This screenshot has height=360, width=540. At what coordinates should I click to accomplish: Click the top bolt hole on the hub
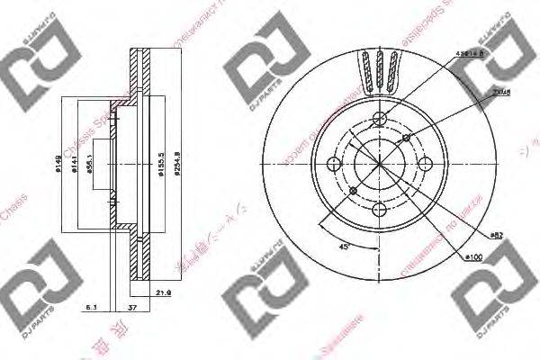click(x=380, y=119)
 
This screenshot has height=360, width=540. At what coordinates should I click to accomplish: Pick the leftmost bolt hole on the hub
click(x=334, y=165)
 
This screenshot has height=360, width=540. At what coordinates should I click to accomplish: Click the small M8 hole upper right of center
click(x=407, y=138)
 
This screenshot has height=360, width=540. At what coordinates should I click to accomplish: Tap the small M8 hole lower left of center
click(x=353, y=192)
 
